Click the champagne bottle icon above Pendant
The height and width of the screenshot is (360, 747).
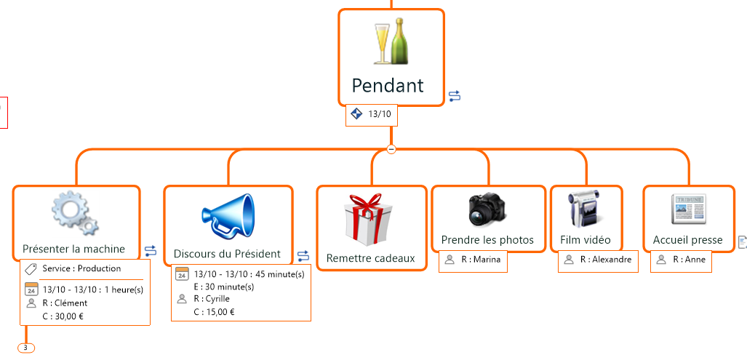(391, 43)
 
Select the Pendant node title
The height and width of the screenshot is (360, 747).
(388, 85)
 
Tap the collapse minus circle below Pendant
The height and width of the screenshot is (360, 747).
(391, 149)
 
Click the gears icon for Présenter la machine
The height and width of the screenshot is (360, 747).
(75, 213)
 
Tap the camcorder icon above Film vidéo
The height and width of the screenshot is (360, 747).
(584, 210)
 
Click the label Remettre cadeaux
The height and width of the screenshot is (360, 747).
(371, 258)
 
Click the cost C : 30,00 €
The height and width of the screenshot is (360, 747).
(64, 316)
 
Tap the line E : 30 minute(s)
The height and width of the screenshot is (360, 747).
(223, 287)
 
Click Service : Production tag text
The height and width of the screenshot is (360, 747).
(81, 268)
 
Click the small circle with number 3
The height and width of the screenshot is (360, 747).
(25, 348)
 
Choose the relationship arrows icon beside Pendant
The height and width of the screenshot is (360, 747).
(455, 96)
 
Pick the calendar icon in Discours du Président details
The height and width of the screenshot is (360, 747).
(182, 274)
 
